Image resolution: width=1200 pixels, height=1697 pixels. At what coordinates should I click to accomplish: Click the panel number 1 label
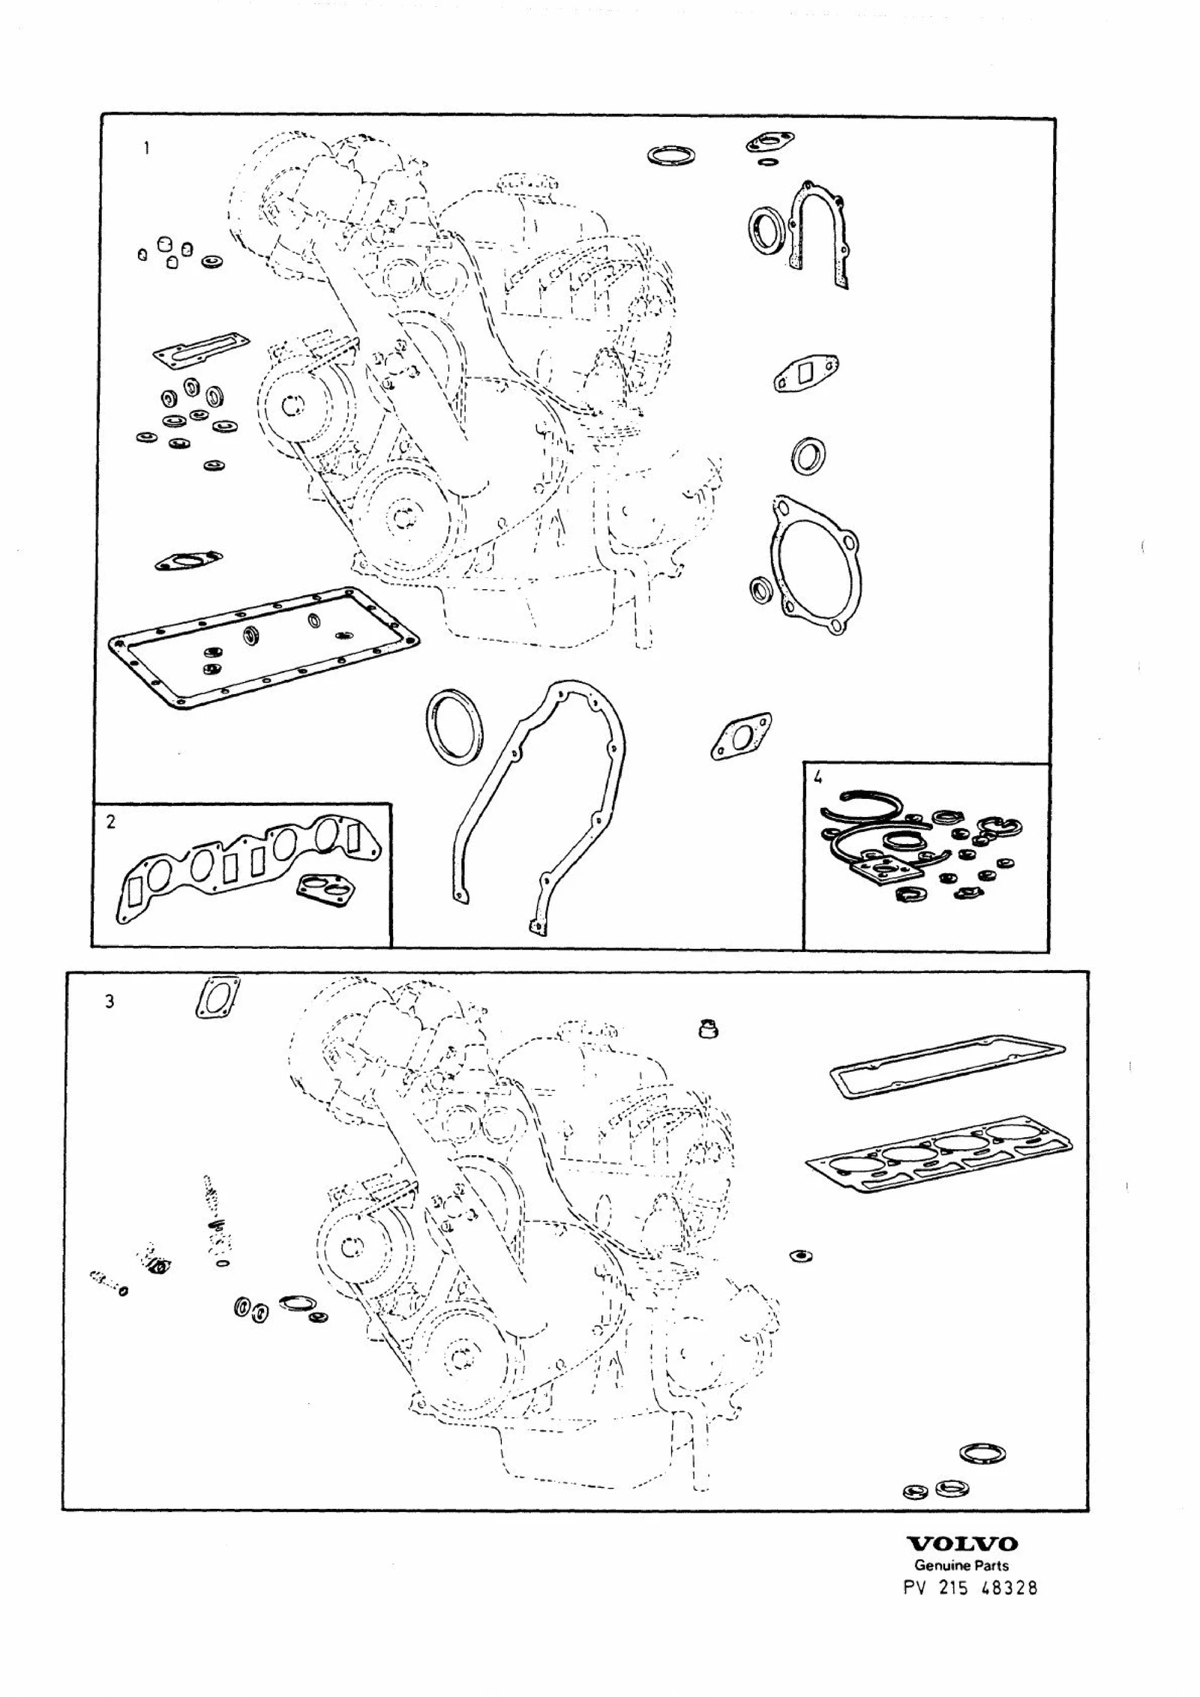tap(146, 148)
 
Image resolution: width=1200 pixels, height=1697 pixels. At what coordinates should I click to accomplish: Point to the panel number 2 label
tap(111, 822)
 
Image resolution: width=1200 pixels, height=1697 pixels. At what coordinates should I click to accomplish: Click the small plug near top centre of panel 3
tap(708, 1029)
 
